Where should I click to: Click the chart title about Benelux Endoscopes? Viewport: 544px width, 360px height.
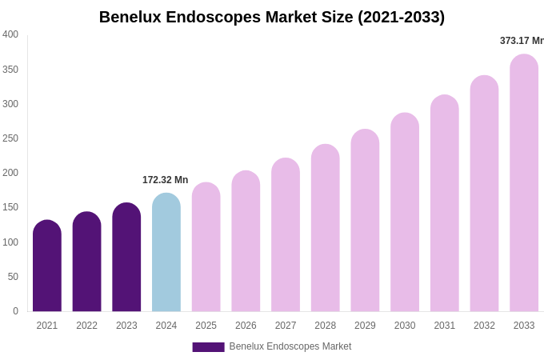(x=272, y=17)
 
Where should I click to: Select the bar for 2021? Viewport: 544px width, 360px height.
(x=47, y=266)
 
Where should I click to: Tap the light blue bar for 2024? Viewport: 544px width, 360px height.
(x=166, y=252)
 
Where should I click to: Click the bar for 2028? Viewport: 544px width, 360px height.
(x=326, y=228)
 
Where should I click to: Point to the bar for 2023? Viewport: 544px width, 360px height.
(x=126, y=257)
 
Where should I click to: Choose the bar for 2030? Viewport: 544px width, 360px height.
(x=405, y=212)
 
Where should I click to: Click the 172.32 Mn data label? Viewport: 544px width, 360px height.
(x=165, y=180)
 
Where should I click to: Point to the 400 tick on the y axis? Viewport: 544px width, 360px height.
(x=10, y=34)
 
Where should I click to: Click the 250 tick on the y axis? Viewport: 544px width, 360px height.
(x=10, y=138)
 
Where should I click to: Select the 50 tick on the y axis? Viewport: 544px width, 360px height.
(x=13, y=277)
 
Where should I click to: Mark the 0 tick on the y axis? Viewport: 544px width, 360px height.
(x=15, y=311)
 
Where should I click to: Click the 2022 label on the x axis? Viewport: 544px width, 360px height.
(x=86, y=326)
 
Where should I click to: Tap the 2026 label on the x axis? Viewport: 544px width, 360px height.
(x=246, y=326)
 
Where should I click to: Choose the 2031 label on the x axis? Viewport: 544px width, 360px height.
(x=445, y=326)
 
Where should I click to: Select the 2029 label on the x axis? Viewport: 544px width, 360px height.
(x=365, y=326)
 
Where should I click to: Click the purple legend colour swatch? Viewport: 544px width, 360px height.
(x=208, y=347)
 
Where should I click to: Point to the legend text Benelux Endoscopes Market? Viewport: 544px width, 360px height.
(x=290, y=346)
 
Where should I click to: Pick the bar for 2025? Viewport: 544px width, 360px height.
(x=206, y=247)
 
